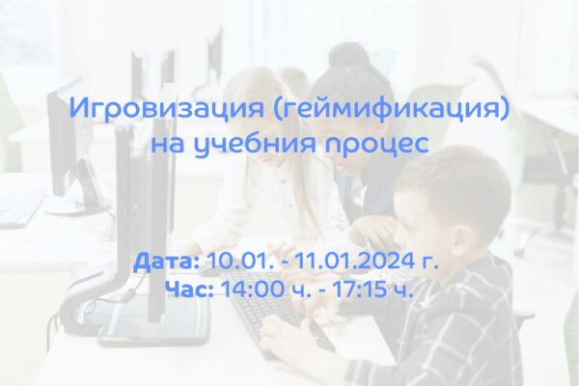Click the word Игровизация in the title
(x=167, y=108)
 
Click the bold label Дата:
(x=167, y=262)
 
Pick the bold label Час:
(x=189, y=289)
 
